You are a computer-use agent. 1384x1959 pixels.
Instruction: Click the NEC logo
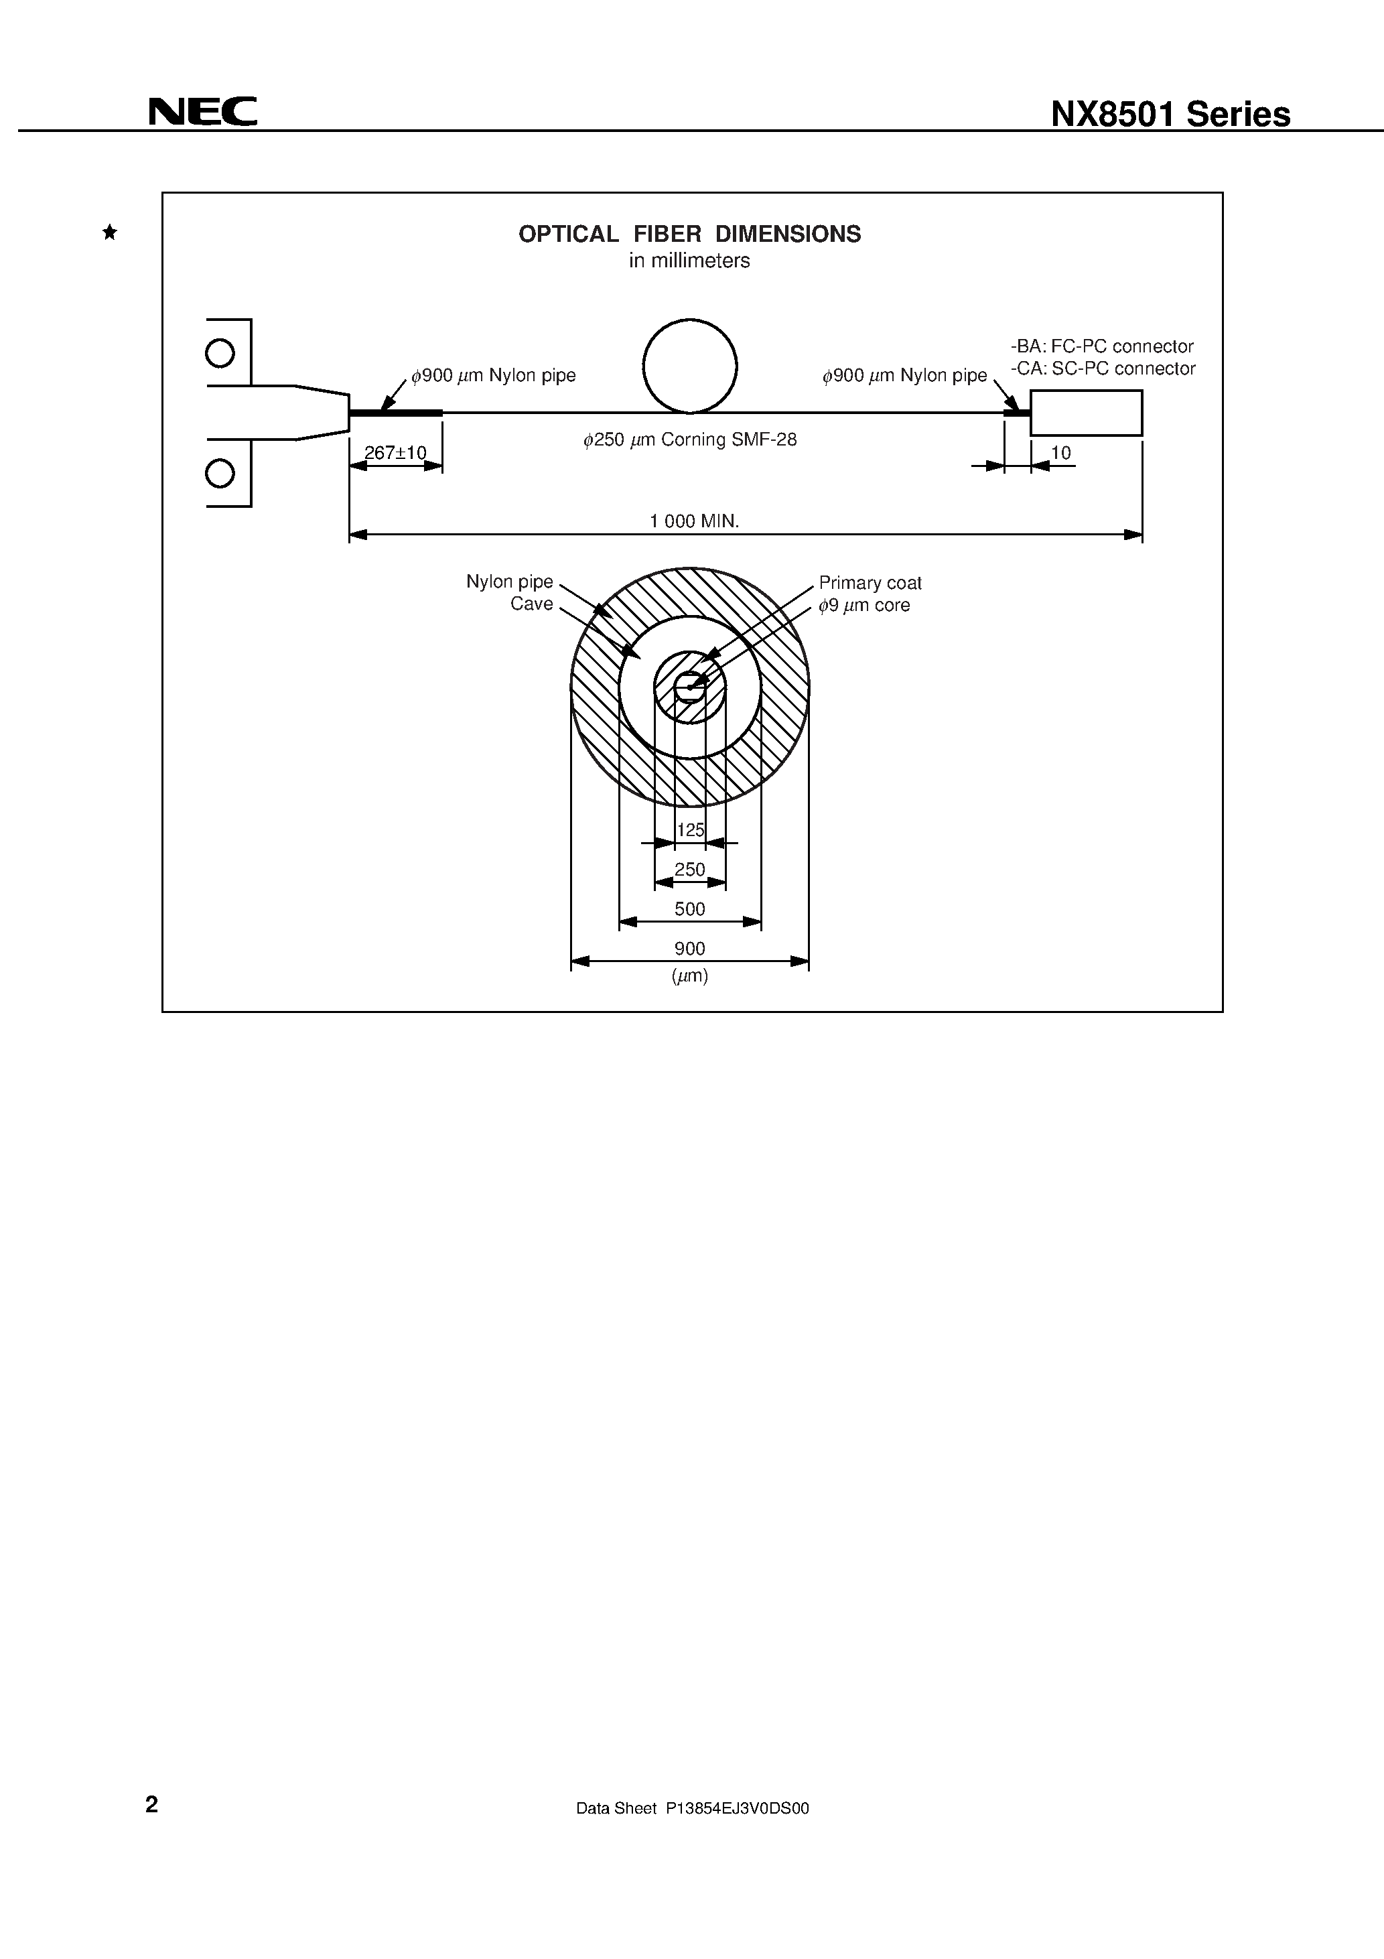[203, 112]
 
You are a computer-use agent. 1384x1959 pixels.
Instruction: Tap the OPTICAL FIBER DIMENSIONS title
[689, 234]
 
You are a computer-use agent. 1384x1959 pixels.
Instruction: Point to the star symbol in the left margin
[110, 232]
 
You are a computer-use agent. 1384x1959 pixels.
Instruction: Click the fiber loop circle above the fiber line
[689, 366]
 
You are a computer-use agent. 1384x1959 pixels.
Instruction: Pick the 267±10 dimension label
[395, 453]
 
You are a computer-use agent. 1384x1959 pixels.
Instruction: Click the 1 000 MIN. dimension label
[694, 521]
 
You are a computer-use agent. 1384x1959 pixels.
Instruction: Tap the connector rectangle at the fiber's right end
[1085, 413]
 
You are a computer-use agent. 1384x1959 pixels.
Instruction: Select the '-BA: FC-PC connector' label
[1101, 346]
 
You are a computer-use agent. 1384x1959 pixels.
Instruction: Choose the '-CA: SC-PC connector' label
[1103, 368]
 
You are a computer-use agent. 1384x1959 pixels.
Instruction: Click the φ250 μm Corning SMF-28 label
[689, 440]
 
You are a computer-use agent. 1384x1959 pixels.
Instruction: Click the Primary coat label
[870, 583]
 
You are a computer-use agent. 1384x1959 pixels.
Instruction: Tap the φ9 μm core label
[863, 606]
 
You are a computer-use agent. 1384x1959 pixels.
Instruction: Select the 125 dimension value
[690, 830]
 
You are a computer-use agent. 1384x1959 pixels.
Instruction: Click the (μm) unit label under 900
[689, 976]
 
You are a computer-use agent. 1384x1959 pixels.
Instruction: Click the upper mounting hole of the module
[220, 352]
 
